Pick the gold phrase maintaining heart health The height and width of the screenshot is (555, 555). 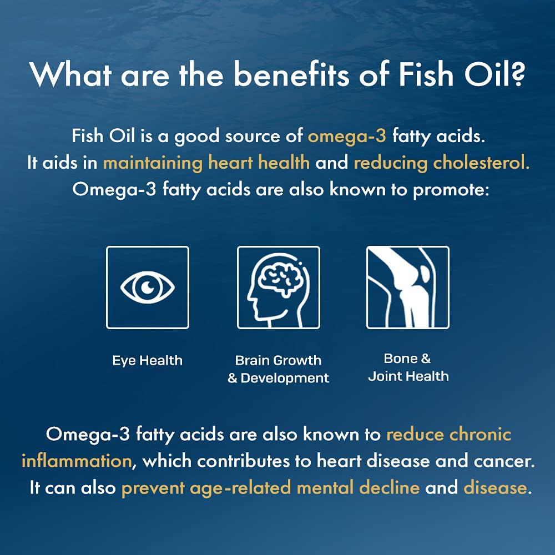(x=206, y=163)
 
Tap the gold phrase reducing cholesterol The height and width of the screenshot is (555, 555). (x=441, y=163)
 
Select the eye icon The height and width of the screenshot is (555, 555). (x=148, y=287)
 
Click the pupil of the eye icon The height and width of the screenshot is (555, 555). (x=148, y=287)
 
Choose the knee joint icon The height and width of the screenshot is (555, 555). (x=408, y=287)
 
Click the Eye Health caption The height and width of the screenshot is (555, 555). (x=147, y=361)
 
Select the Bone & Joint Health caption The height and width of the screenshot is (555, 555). (x=408, y=367)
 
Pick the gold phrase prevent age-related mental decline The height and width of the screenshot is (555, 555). (x=270, y=488)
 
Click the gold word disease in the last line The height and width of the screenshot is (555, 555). (x=494, y=488)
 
